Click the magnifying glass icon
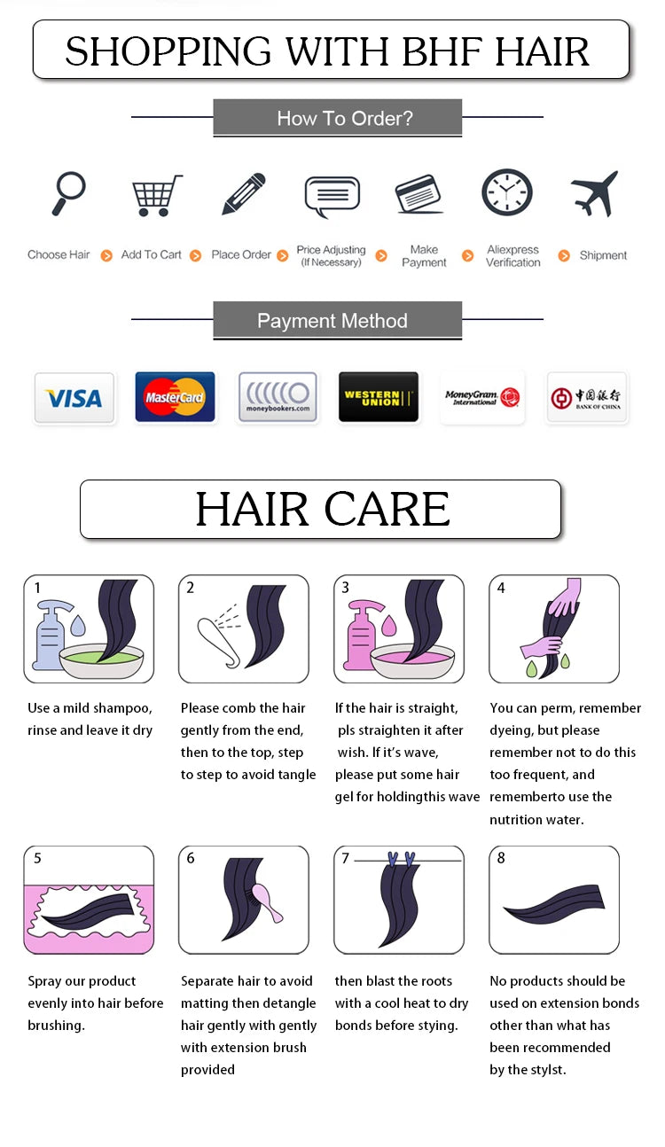[67, 192]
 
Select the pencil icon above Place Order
[244, 193]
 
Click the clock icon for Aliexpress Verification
[507, 192]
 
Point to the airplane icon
[594, 193]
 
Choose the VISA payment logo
[74, 398]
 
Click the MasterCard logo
[175, 397]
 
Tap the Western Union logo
[379, 397]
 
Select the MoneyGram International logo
[482, 397]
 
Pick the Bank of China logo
[586, 398]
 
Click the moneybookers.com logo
[278, 397]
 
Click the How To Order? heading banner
[337, 118]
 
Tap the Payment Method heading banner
[337, 321]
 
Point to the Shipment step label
[603, 255]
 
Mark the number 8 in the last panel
[501, 858]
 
